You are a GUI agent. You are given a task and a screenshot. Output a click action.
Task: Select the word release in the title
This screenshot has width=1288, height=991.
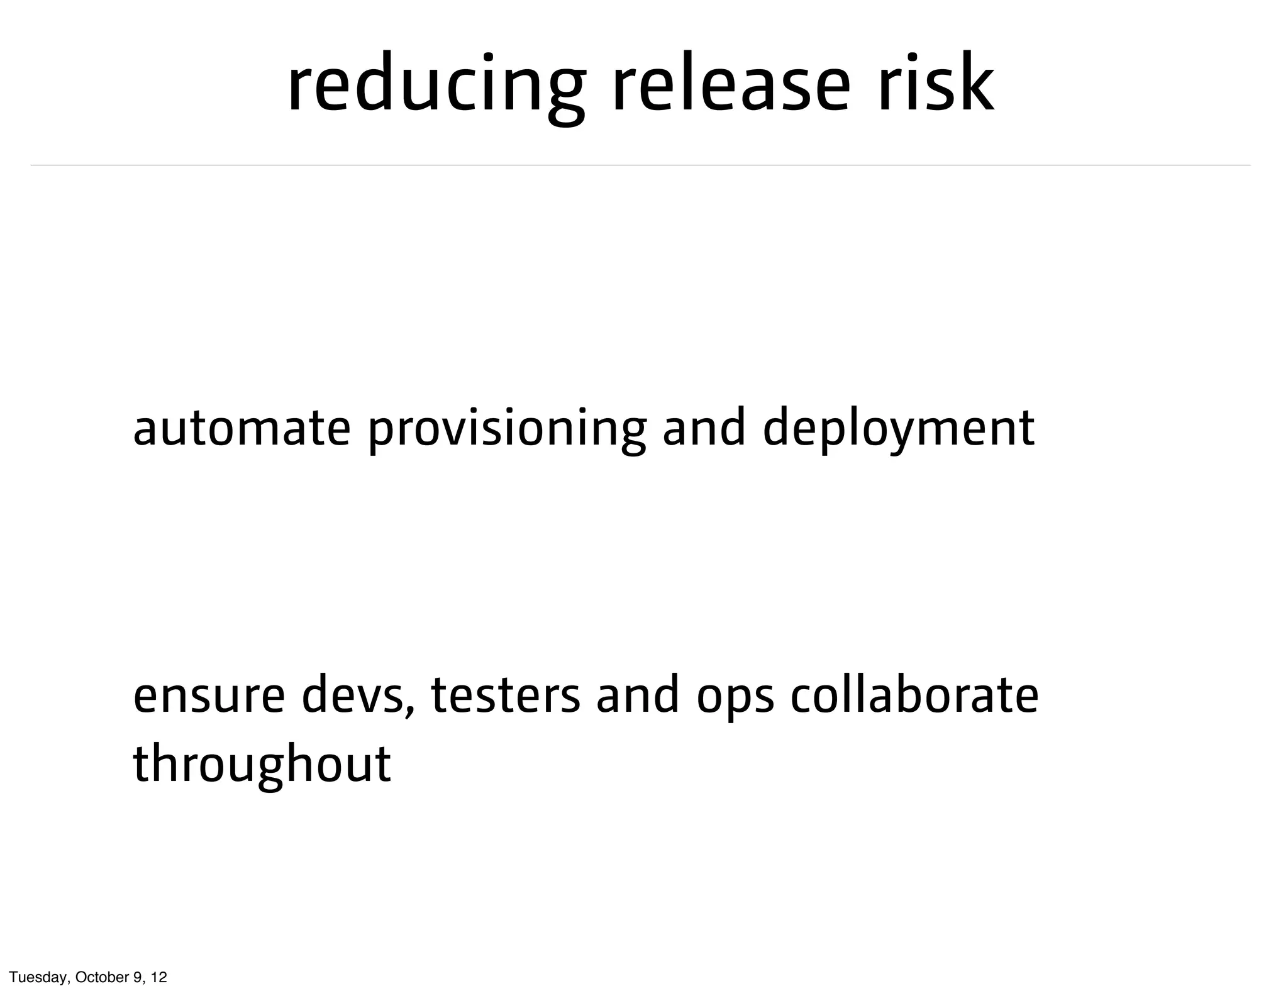coord(732,85)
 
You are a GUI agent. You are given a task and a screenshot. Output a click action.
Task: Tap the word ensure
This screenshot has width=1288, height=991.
coord(209,697)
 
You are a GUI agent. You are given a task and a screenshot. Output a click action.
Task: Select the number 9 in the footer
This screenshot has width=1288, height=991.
coord(137,977)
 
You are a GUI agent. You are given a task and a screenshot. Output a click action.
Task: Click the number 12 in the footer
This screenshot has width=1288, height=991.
coord(159,977)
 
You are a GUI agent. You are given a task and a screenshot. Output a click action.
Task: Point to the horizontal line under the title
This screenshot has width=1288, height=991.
coord(640,165)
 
